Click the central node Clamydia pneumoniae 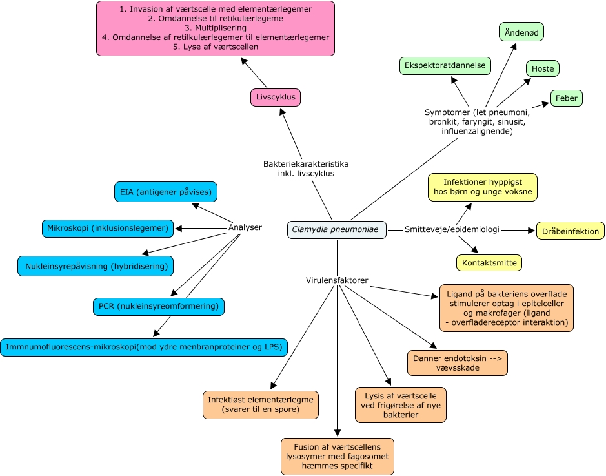(336, 229)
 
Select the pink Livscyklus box (276, 98)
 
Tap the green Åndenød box (521, 32)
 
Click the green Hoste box (542, 69)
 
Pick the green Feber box (566, 98)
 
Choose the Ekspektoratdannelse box (445, 65)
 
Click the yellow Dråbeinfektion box (570, 231)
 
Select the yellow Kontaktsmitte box (489, 263)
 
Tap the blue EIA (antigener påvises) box (165, 192)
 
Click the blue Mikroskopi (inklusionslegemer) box (108, 228)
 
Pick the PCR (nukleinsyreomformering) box (158, 305)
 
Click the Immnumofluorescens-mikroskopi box (143, 347)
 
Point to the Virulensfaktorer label (336, 280)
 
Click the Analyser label (245, 227)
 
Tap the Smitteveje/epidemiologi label (452, 229)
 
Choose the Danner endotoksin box (457, 362)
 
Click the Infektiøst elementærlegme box (260, 404)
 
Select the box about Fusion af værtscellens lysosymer (337, 456)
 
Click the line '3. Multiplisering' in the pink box (216, 28)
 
